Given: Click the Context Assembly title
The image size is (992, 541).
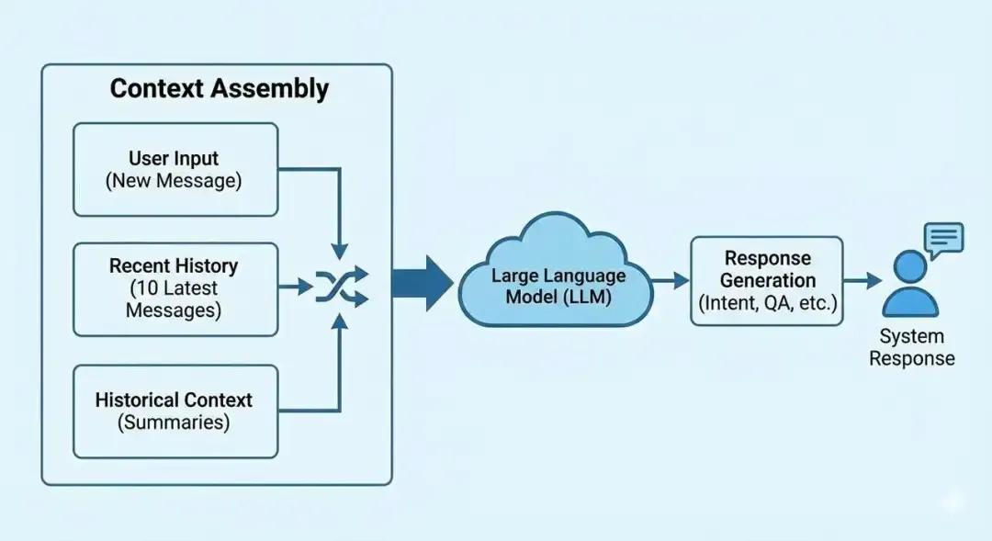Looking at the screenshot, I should pyautogui.click(x=219, y=89).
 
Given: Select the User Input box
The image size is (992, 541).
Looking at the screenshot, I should pyautogui.click(x=175, y=169).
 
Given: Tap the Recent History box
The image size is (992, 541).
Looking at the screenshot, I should pyautogui.click(x=175, y=288).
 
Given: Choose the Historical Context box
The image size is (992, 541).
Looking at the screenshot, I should pyautogui.click(x=175, y=411).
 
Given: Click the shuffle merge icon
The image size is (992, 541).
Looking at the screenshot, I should pyautogui.click(x=342, y=286).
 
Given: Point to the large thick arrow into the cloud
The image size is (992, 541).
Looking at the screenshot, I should pyautogui.click(x=422, y=283).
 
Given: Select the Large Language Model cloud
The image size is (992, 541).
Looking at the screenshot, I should pyautogui.click(x=558, y=276).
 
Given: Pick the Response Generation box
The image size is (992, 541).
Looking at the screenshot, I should pyautogui.click(x=766, y=280).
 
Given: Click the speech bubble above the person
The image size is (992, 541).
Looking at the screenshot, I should pyautogui.click(x=943, y=238).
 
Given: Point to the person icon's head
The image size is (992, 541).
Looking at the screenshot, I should pyautogui.click(x=910, y=267).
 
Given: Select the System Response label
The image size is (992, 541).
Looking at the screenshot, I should pyautogui.click(x=911, y=347).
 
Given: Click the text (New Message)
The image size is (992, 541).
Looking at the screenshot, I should pyautogui.click(x=175, y=181).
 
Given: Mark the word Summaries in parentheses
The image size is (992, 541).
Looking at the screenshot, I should pyautogui.click(x=175, y=423).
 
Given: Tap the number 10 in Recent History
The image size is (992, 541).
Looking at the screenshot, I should pyautogui.click(x=144, y=288).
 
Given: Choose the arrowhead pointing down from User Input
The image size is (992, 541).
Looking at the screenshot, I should pyautogui.click(x=340, y=251).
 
